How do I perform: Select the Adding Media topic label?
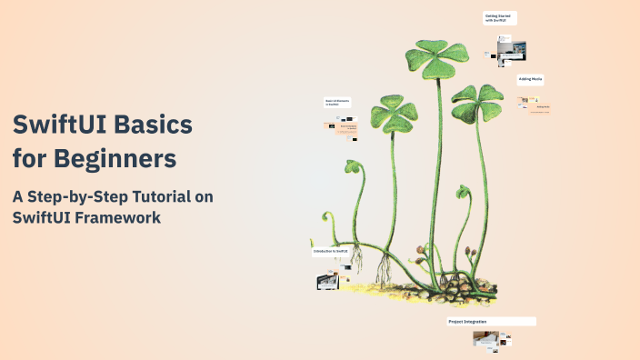tap(531, 79)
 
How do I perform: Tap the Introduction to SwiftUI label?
tap(331, 250)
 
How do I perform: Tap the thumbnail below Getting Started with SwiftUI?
tap(512, 49)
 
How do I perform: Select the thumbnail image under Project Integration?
tap(486, 339)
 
